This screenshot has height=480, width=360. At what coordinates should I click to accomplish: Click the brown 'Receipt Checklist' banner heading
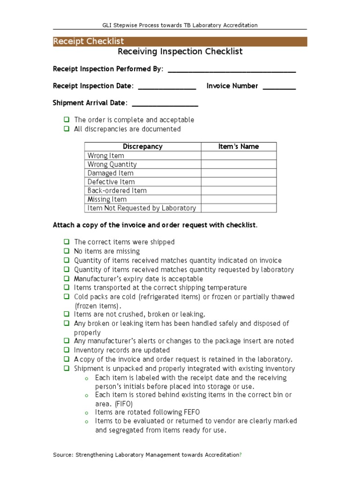coord(89,42)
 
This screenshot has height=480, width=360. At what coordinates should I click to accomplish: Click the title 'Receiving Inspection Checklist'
coord(180,52)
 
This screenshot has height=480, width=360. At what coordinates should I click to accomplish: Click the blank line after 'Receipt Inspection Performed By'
coord(232,70)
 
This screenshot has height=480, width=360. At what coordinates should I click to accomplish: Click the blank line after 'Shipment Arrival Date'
coord(165,104)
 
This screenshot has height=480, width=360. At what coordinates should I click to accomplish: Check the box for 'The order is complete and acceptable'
coord(67,120)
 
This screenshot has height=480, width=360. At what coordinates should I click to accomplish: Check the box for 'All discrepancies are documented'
coord(67,129)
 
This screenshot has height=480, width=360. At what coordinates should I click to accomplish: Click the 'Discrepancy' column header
coord(142,147)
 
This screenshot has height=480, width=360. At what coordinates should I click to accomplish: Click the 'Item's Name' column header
coord(239,147)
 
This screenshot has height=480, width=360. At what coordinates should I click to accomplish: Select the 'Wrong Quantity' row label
coord(112,165)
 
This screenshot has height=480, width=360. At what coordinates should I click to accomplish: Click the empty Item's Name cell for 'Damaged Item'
coord(239,173)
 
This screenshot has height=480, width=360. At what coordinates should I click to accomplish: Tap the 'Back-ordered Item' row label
coord(117,191)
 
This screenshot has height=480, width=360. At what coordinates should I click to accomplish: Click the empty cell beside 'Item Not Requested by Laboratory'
coord(239,208)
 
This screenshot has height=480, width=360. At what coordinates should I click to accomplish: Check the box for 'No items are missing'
coord(67,251)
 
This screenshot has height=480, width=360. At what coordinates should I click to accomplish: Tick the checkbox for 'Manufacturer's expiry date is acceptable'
coord(67,278)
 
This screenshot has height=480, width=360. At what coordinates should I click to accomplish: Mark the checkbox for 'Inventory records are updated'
coord(67,350)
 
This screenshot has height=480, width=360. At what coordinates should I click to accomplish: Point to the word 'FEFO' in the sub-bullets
coord(176,412)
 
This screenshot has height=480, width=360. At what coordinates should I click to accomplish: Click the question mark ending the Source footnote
coord(240,455)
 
